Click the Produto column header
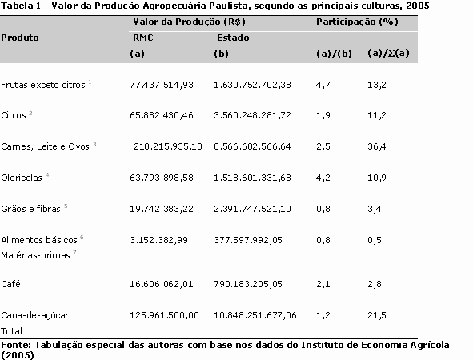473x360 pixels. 20,38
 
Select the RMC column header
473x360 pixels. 143,38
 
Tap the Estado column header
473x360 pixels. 233,38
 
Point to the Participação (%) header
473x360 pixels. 357,22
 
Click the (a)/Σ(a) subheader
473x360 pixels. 388,53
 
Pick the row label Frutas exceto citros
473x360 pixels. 43,85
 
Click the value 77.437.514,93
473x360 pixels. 162,85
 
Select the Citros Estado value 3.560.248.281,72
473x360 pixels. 252,115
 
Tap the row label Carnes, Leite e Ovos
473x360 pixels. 46,146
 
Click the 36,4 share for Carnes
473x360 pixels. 376,146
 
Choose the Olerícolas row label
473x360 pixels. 22,178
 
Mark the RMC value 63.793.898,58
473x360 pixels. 162,178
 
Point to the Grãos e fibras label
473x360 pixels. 30,209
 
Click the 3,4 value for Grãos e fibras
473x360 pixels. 375,209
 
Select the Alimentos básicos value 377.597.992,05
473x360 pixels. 248,240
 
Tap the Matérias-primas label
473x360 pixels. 35,255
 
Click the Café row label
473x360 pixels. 10,284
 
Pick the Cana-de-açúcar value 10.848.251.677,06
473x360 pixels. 255,315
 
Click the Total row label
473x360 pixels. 11,331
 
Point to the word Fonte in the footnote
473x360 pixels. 16,345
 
